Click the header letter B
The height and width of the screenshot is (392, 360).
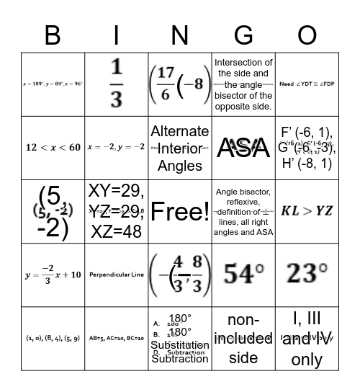pos(53,35)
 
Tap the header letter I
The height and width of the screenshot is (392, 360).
pos(117,35)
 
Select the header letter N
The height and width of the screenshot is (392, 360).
pos(180,35)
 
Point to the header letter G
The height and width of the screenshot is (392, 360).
pos(243,35)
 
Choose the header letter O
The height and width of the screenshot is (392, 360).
pos(307,35)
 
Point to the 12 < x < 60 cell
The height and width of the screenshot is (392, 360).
pos(53,147)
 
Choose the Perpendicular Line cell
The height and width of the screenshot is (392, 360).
pos(117,275)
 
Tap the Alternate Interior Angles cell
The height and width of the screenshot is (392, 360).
pos(180,147)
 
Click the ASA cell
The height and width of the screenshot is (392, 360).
pos(243,148)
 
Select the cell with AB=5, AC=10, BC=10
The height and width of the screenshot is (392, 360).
pos(117,337)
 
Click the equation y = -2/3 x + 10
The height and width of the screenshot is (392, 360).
pos(53,275)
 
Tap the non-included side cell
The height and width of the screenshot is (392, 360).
pos(243,337)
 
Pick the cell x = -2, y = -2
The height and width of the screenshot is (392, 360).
pos(117,147)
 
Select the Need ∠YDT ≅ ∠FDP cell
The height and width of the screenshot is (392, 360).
pos(307,84)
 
